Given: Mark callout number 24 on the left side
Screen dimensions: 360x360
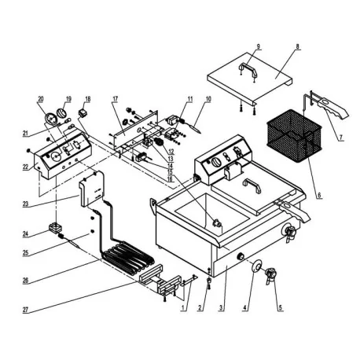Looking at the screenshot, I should click(28, 233).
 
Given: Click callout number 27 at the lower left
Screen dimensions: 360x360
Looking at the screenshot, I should click(28, 309).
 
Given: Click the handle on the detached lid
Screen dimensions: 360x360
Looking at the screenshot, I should click(249, 72).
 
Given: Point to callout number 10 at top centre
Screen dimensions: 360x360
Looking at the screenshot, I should click(209, 99).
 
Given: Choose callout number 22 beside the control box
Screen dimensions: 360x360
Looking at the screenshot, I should click(28, 166).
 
